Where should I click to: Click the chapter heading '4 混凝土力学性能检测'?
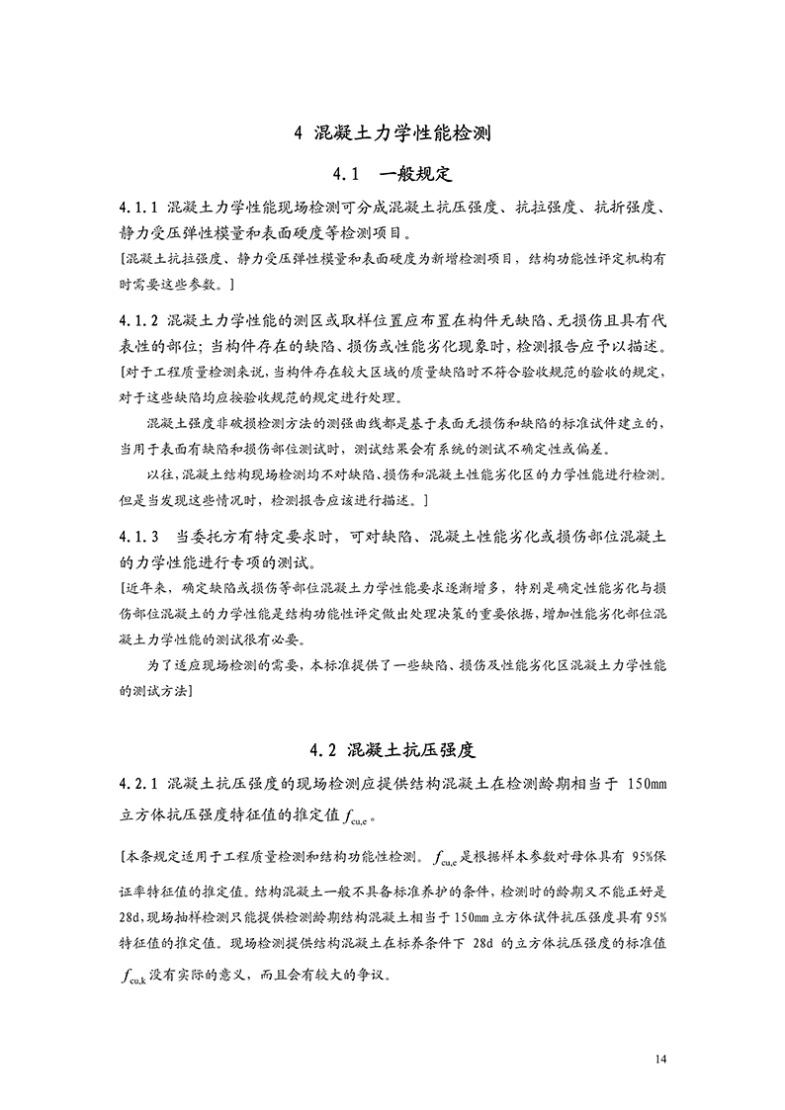pyautogui.click(x=392, y=132)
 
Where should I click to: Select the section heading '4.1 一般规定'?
pyautogui.click(x=392, y=175)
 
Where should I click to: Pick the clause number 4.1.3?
pyautogui.click(x=138, y=538)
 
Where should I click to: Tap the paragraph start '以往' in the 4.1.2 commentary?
pyautogui.click(x=158, y=473)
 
